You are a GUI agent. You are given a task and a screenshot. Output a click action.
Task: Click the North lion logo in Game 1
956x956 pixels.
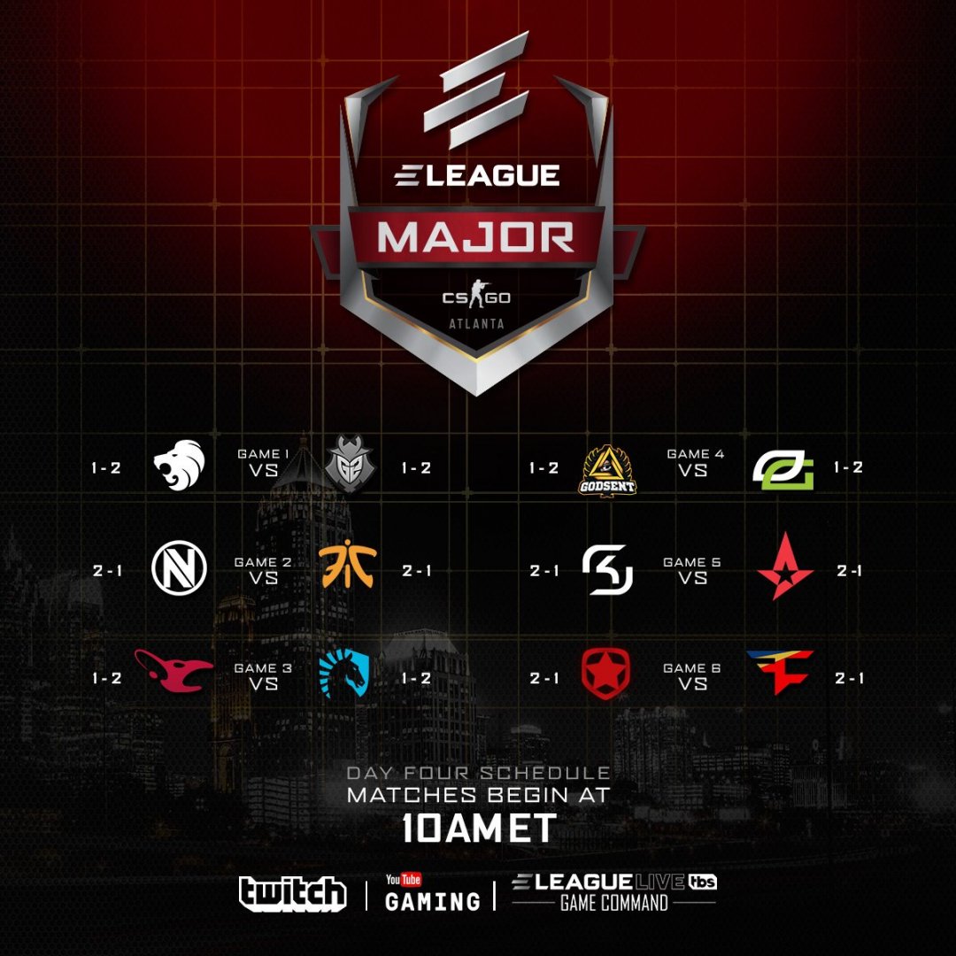coord(180,466)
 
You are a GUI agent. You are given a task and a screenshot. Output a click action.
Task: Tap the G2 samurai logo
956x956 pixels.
coord(343,468)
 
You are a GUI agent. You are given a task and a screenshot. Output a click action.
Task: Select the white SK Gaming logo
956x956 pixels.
coord(608,569)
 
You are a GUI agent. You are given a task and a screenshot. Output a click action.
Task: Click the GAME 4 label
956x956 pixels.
coord(695,454)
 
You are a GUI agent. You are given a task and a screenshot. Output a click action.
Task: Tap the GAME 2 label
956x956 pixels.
coord(257,562)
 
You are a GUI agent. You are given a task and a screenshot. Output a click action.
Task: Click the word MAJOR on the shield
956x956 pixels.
coord(476,237)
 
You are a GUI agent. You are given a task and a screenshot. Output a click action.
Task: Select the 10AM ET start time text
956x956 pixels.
coord(478,828)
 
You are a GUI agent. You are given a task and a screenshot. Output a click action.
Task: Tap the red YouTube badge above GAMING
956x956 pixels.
coord(403,880)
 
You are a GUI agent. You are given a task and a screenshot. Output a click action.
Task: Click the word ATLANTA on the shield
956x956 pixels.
coord(476,324)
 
